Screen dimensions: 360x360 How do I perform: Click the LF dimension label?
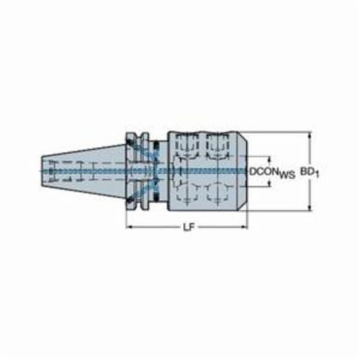pyautogui.click(x=189, y=228)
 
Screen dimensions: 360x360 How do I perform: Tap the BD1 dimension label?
pyautogui.click(x=310, y=172)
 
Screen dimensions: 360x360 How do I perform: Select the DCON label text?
pyautogui.click(x=264, y=171)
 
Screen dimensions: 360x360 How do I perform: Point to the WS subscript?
pyautogui.click(x=287, y=175)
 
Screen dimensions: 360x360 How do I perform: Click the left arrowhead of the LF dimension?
pyautogui.click(x=130, y=227)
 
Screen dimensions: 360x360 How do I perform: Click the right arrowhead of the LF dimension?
pyautogui.click(x=243, y=227)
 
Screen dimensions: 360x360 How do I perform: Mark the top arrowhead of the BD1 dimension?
pyautogui.click(x=310, y=135)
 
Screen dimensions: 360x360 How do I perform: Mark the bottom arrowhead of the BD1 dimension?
pyautogui.click(x=310, y=207)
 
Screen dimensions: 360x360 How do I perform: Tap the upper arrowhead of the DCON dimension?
pyautogui.click(x=269, y=159)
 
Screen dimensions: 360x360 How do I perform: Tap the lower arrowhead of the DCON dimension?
pyautogui.click(x=269, y=184)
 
